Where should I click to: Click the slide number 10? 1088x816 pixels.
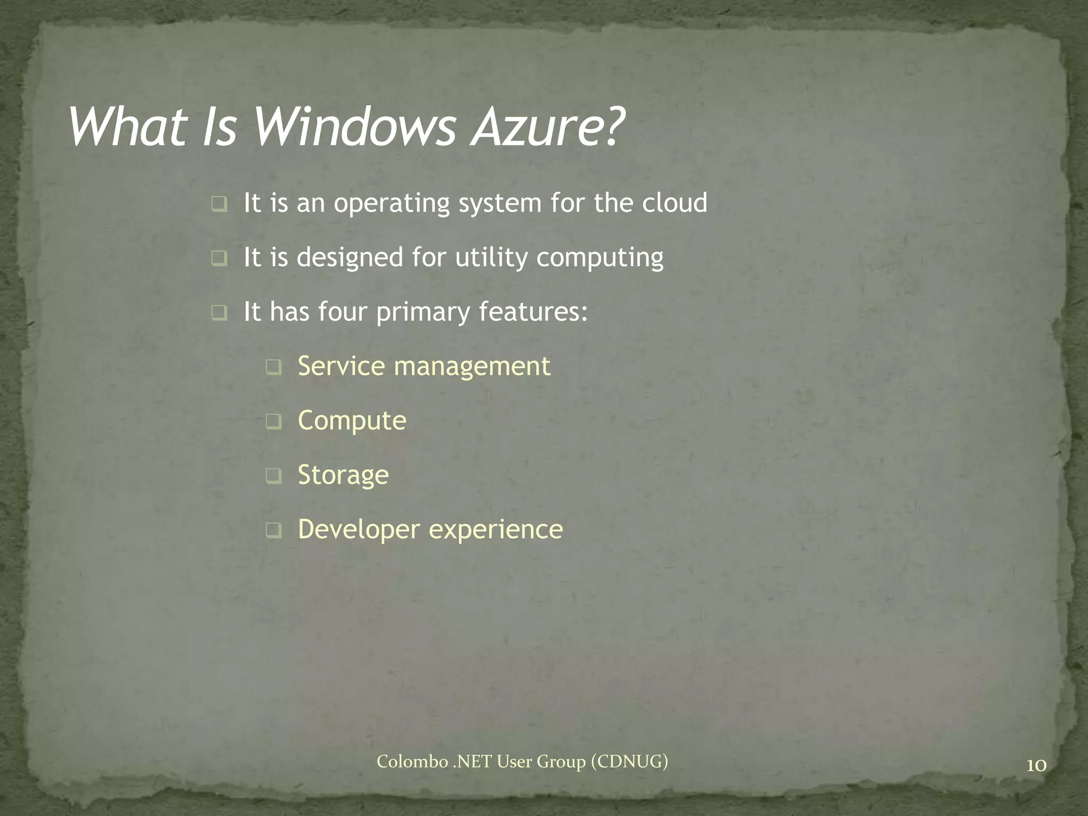pos(1036,766)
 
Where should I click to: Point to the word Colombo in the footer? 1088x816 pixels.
pos(412,762)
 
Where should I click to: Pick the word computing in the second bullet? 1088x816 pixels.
pos(600,258)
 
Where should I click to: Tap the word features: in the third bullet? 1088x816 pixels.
pos(533,311)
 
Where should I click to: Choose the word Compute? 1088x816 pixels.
pos(352,421)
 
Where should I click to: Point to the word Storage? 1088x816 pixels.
pos(343,475)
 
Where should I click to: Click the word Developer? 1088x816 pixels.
pos(359,530)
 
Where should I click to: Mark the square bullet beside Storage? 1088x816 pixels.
pos(274,476)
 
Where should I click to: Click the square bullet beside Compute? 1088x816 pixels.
pos(274,422)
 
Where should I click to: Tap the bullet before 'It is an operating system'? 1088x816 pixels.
pos(219,204)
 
